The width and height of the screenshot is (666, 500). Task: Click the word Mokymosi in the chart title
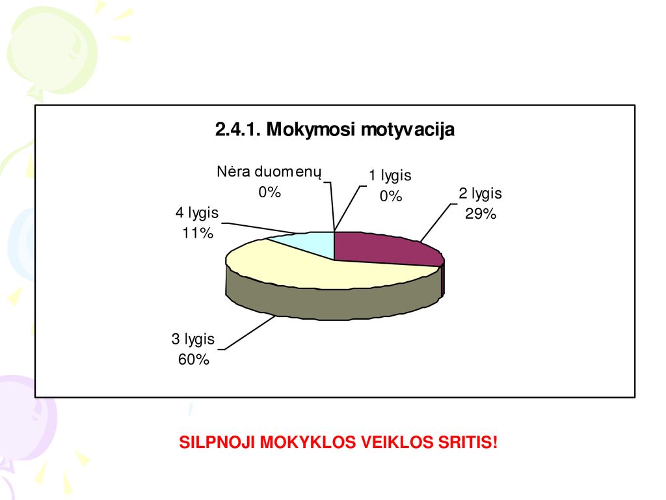tap(310, 130)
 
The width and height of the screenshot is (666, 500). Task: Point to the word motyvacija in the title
tap(407, 130)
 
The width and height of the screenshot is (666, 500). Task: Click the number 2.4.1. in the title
tap(238, 130)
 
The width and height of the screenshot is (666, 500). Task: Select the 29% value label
tap(481, 214)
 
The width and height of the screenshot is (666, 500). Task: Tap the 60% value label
tap(194, 359)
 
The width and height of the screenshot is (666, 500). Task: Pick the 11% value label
tap(198, 233)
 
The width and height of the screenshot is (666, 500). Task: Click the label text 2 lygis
tap(480, 194)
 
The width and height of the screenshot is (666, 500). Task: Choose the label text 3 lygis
tap(193, 339)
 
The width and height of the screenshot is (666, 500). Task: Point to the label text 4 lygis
tap(197, 213)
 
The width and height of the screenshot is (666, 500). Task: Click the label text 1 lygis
tap(390, 176)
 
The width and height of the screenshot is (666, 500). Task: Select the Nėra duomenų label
tap(269, 172)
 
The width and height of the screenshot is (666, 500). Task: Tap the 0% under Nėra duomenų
tap(270, 192)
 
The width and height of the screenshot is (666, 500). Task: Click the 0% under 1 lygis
tap(391, 196)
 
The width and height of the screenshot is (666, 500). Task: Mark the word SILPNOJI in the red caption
tap(217, 442)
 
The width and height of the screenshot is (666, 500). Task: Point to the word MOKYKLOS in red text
tap(308, 442)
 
